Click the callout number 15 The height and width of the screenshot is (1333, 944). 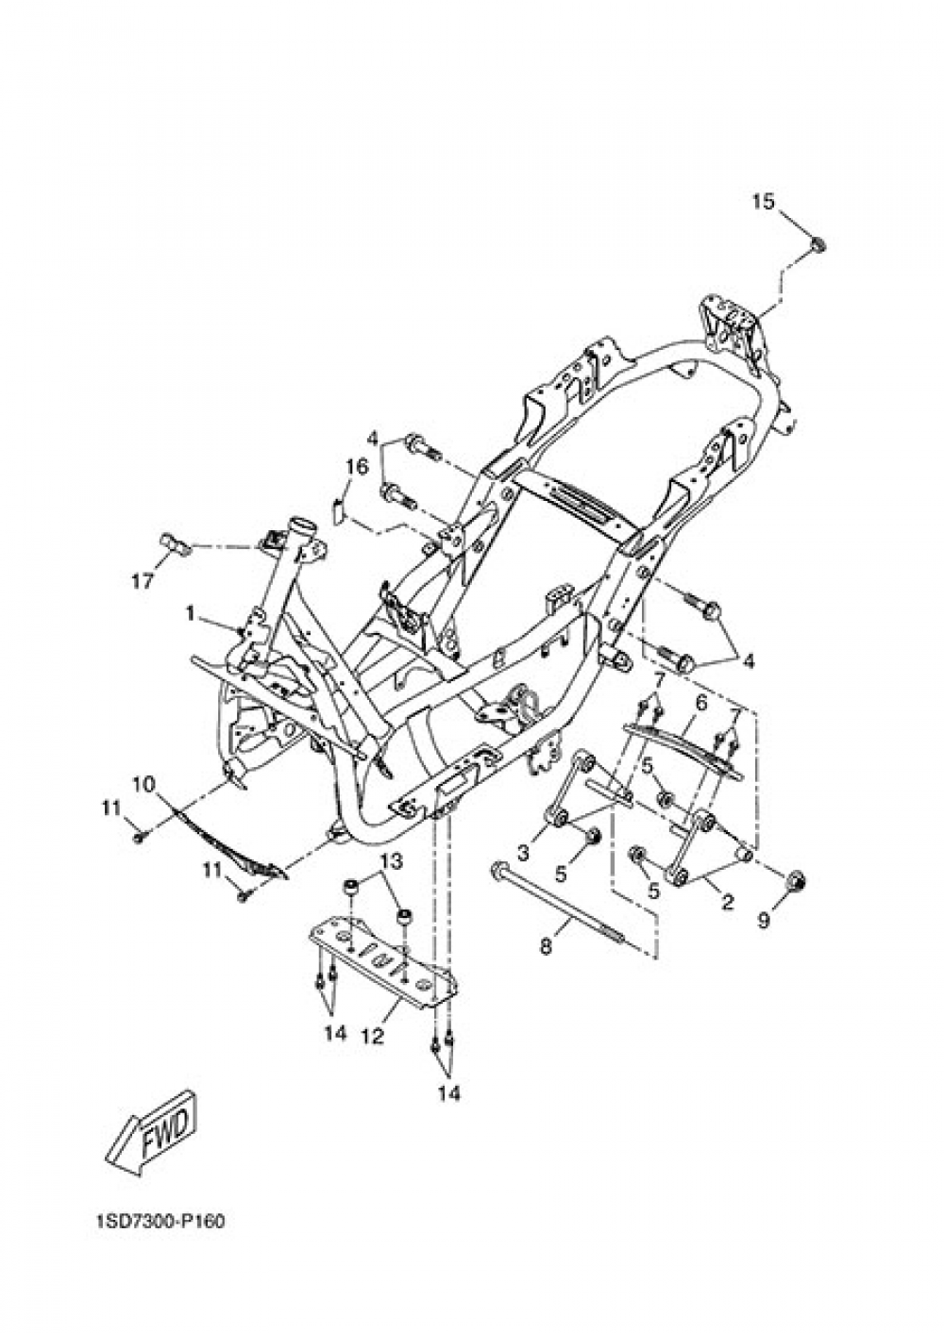[763, 202]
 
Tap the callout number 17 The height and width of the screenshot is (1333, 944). [143, 581]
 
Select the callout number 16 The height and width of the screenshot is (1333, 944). [357, 467]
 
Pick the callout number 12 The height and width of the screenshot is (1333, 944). [372, 1036]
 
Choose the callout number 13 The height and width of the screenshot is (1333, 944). [392, 861]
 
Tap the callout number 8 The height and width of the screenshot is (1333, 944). [545, 945]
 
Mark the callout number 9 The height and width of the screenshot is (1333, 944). [764, 920]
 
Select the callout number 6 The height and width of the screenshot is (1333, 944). [701, 703]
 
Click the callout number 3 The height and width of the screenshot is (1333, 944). [523, 854]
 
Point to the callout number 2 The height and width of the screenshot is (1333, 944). [727, 903]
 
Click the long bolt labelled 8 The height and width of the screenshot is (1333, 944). [559, 909]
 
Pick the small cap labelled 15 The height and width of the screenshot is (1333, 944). [818, 243]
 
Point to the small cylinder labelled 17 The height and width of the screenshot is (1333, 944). [174, 544]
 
